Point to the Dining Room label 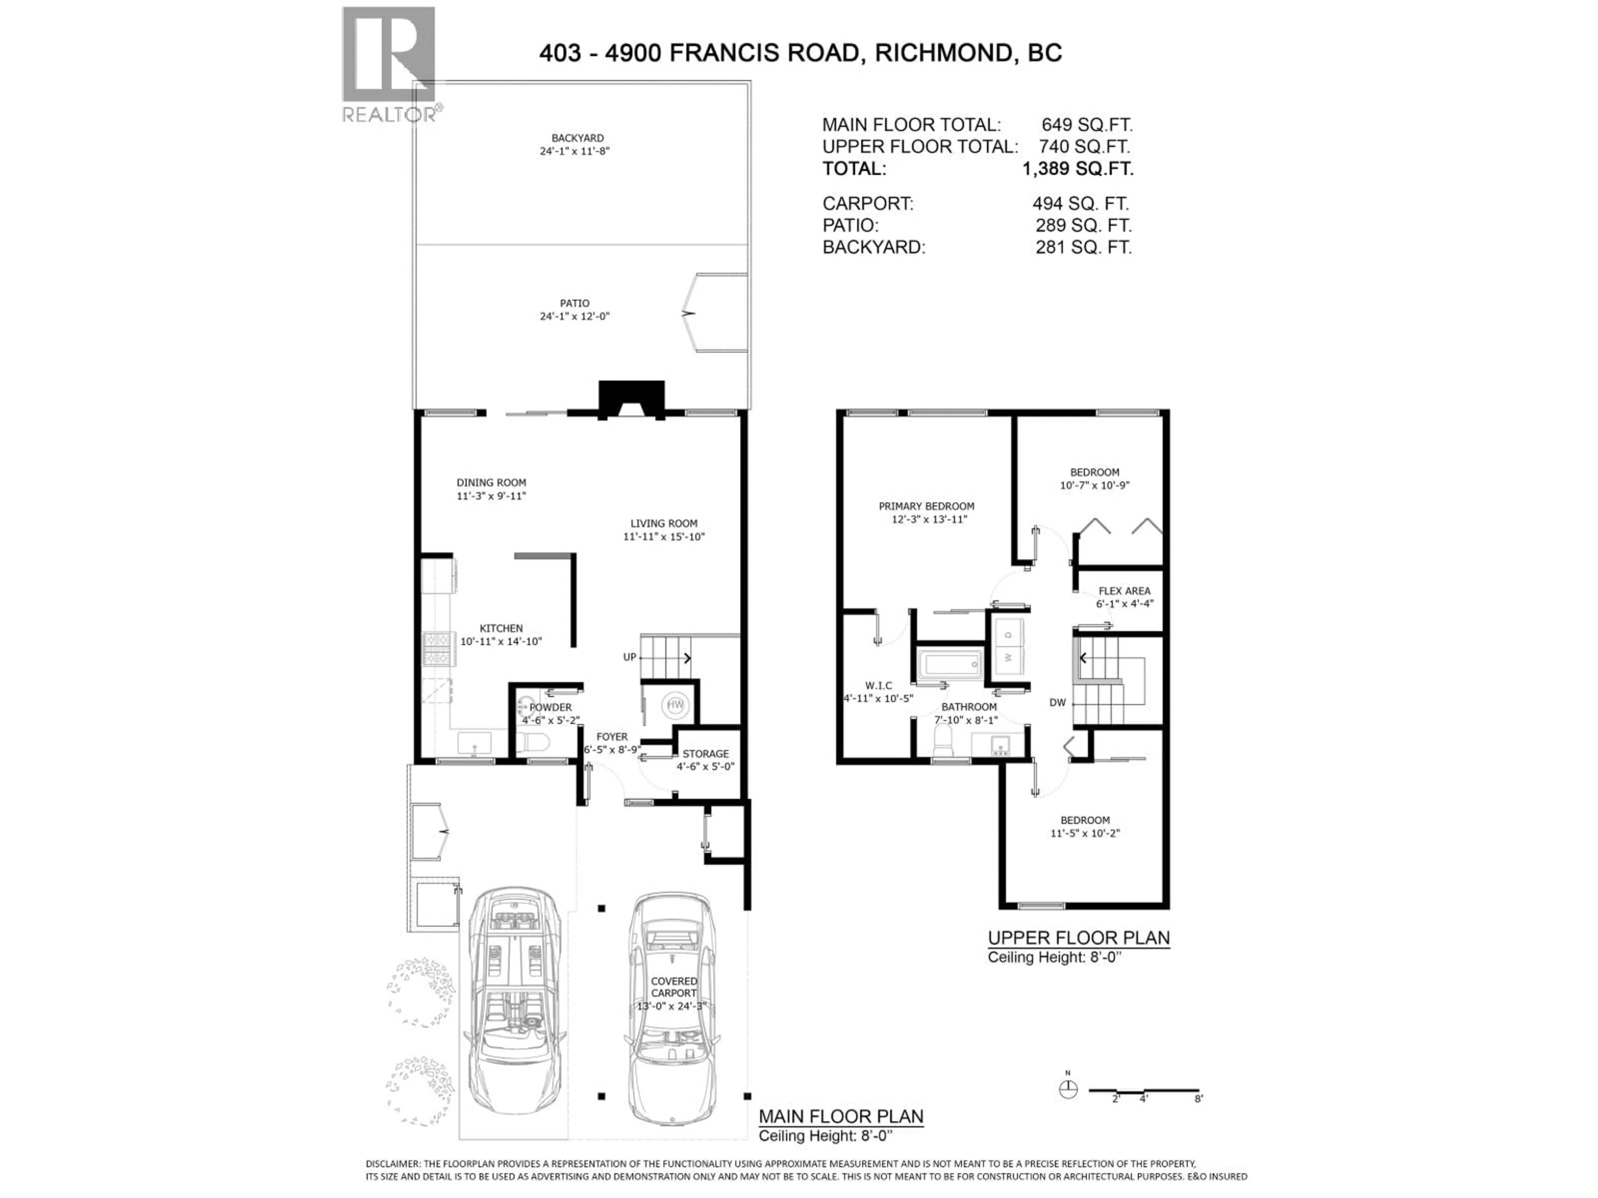pos(491,483)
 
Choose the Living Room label pos(664,524)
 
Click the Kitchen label pos(501,628)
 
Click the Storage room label pos(706,753)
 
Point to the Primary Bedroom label pos(926,506)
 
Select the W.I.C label pos(878,685)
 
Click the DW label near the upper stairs pos(1057,702)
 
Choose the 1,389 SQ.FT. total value pos(1077,169)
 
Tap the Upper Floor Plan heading pos(1079,938)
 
